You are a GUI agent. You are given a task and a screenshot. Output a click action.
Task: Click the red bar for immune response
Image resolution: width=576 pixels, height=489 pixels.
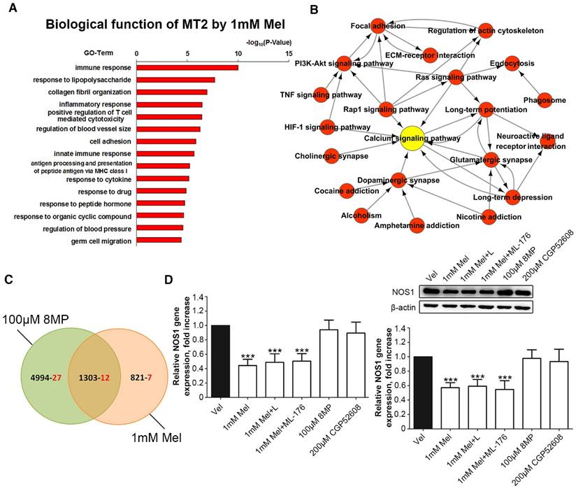tap(187, 67)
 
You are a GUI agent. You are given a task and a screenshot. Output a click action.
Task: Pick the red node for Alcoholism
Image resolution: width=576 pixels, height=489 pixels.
tap(361, 215)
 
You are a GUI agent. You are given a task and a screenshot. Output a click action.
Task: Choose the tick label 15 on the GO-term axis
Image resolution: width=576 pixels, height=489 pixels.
tap(289, 53)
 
